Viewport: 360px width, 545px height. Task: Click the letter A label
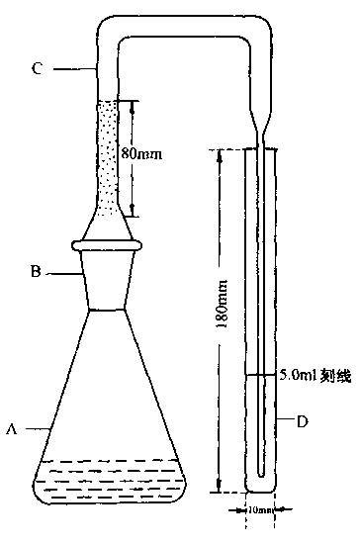pyautogui.click(x=12, y=429)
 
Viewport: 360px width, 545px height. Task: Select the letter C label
pyautogui.click(x=37, y=68)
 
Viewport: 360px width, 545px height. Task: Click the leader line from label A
pyautogui.click(x=33, y=429)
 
